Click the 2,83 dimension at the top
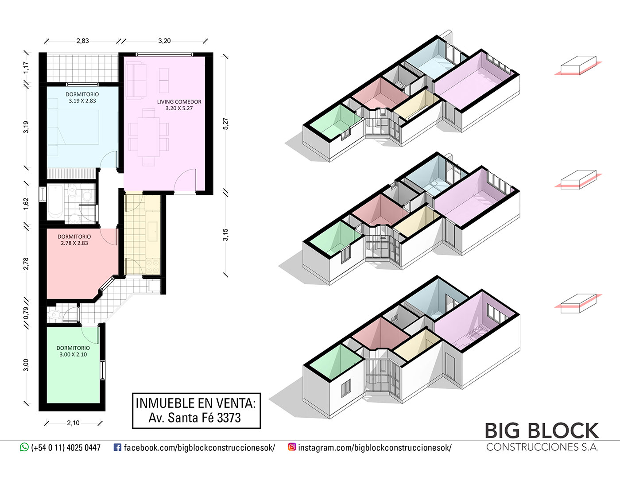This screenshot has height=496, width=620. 82,41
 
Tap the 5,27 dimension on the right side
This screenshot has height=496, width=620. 225,124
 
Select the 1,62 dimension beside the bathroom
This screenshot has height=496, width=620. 26,203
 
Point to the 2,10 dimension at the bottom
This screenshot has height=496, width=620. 73,423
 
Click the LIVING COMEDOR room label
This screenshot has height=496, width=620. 179,102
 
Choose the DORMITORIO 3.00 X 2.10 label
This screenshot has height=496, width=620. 73,351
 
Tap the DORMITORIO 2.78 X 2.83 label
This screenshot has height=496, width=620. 74,240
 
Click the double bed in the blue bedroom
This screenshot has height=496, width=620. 73,127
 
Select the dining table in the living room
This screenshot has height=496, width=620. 149,137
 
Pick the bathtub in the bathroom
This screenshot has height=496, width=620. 55,202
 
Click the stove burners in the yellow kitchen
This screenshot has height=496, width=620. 153,266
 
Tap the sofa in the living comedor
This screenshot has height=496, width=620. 136,81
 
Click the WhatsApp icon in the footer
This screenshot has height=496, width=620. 24,447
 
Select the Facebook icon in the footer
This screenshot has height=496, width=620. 117,447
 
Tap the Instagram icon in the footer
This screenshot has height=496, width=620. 292,447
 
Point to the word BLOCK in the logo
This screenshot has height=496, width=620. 564,431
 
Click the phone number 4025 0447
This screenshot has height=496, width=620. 84,448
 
